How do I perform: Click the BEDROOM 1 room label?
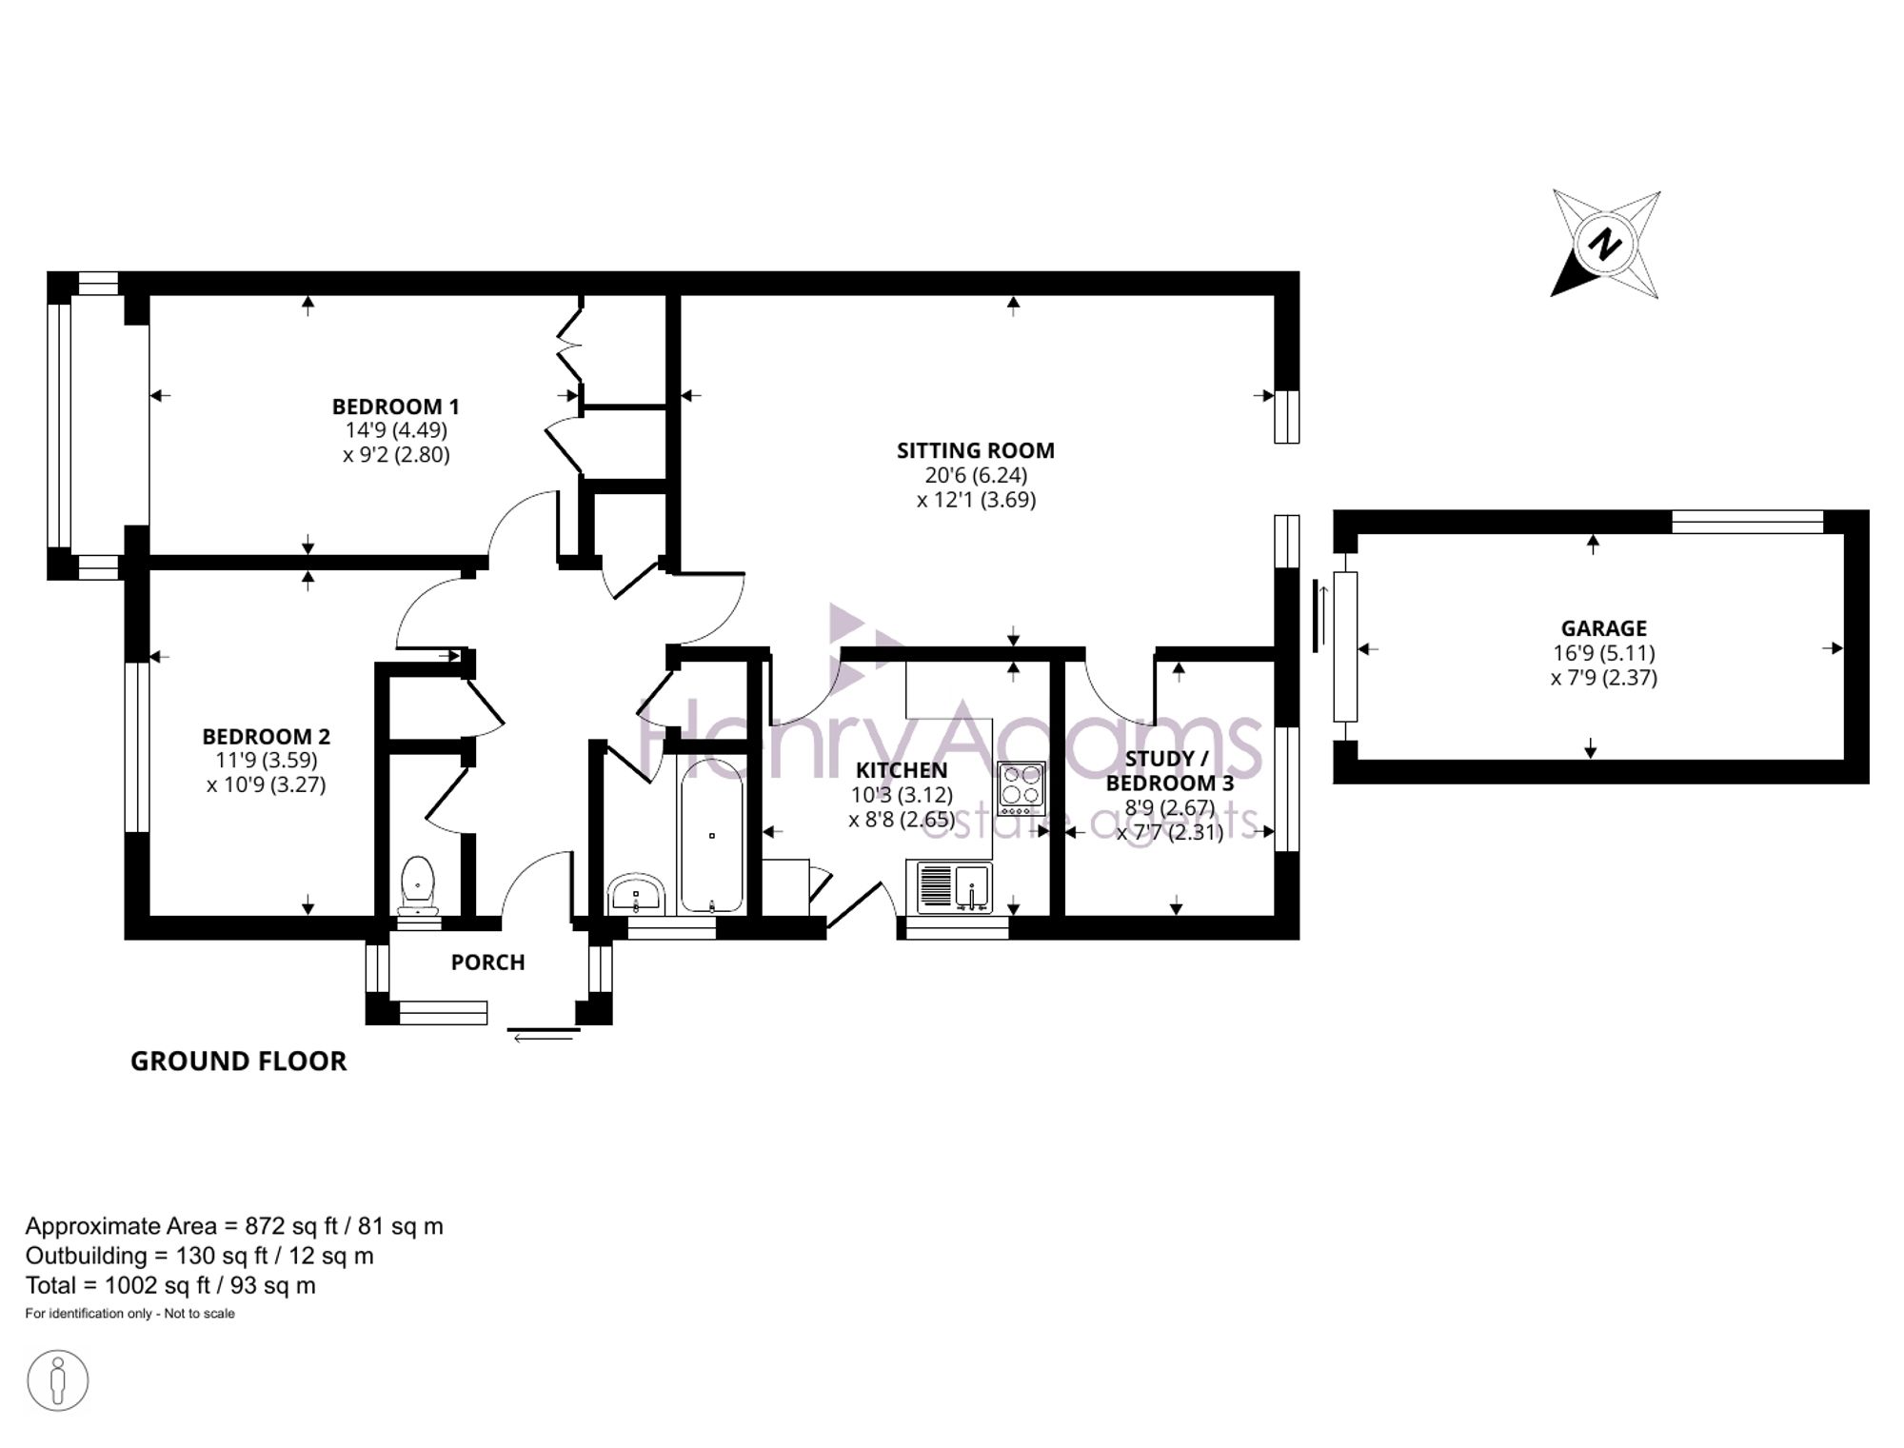395,407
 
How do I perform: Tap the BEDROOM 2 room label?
266,736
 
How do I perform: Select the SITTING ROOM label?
976,450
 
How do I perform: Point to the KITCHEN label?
902,770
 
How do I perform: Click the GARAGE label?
1603,628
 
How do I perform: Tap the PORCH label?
487,962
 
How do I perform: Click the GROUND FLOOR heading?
238,1061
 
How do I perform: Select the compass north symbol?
1606,244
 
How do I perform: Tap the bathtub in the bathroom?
711,835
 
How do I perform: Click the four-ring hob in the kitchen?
1021,788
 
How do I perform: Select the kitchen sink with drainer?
955,887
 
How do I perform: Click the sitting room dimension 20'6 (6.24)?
976,475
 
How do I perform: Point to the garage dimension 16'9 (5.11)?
1604,653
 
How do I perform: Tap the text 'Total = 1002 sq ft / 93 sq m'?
170,1285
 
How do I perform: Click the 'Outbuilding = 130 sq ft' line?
200,1256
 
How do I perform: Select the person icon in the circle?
58,1380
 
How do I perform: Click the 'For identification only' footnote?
129,1314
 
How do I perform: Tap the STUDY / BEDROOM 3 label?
1169,771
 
